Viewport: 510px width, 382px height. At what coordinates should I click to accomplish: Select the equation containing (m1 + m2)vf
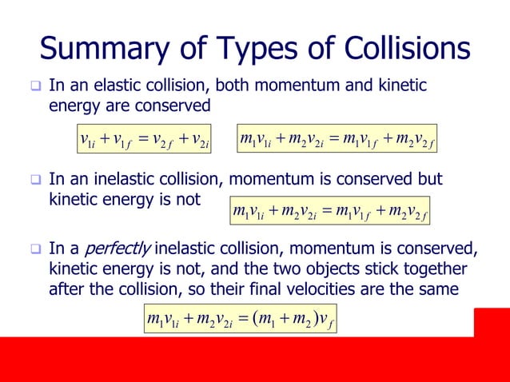pos(239,321)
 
